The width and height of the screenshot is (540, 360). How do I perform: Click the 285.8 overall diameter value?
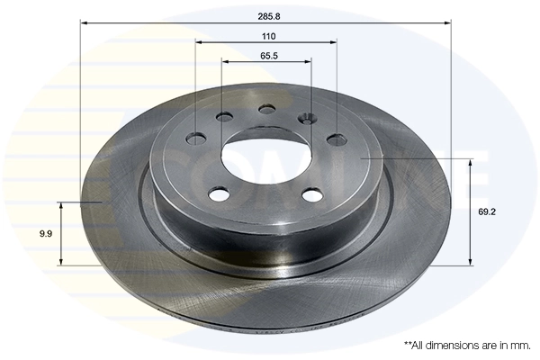[267, 15]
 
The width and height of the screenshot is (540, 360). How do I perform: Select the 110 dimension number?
[267, 36]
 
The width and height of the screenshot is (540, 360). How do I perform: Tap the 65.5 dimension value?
[267, 56]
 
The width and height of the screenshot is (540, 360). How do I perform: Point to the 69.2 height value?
[487, 211]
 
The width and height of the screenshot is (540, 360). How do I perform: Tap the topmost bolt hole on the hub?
[267, 109]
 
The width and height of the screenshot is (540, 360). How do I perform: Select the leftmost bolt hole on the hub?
[195, 139]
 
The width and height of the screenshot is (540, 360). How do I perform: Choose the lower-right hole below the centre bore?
[312, 193]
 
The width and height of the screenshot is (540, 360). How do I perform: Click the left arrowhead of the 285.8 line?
[84, 22]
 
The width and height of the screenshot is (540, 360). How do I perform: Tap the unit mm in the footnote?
[521, 346]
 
